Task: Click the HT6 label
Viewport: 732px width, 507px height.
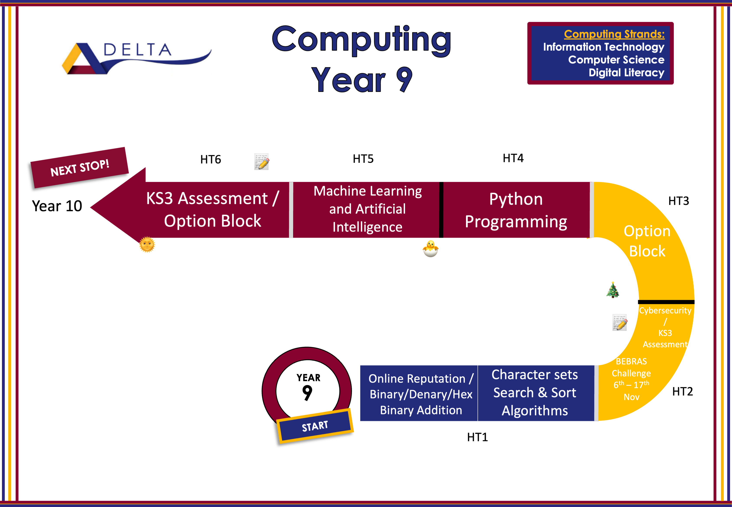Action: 210,160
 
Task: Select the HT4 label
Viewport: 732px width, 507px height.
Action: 513,158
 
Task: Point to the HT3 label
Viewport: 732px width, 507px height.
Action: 679,201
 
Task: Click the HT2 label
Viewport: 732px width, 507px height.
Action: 683,392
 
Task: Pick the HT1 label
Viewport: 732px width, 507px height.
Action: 477,437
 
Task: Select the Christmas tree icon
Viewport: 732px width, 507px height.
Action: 613,290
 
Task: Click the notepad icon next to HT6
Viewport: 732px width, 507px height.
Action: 262,162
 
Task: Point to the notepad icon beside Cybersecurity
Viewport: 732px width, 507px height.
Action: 620,323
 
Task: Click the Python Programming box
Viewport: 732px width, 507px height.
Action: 516,210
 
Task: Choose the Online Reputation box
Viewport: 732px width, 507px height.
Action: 419,393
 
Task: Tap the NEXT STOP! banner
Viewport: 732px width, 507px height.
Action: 80,168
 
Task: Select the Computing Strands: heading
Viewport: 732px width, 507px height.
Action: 614,34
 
